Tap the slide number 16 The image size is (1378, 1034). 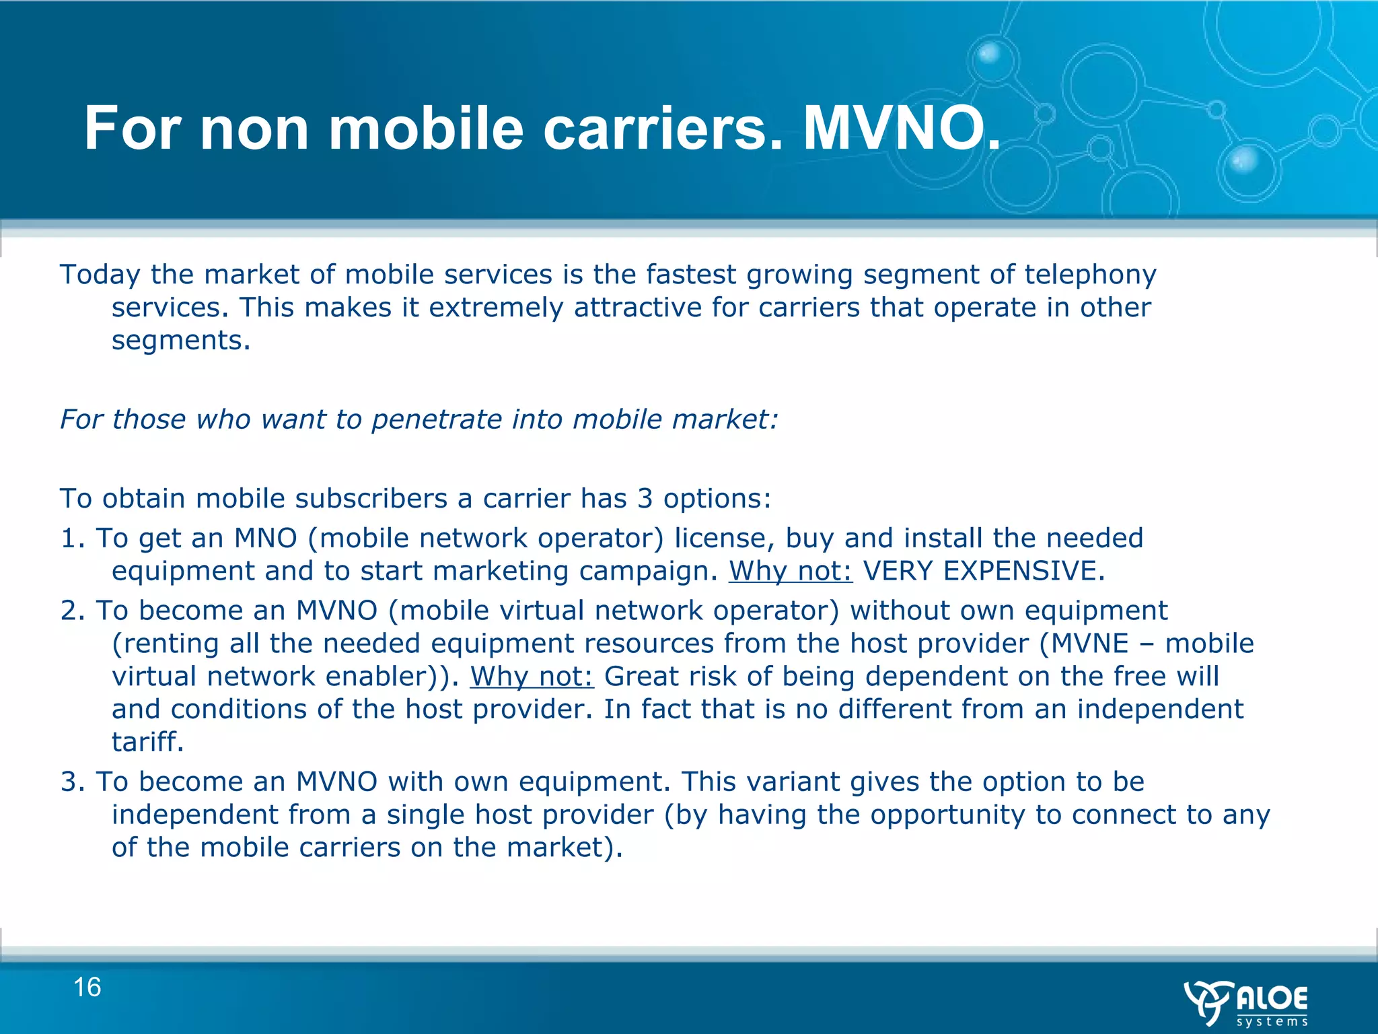tap(87, 988)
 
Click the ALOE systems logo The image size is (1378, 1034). tap(1246, 1002)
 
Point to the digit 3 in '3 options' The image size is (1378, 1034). tap(645, 499)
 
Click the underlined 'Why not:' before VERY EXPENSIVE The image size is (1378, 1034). tap(791, 571)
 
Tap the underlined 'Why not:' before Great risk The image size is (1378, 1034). tap(532, 677)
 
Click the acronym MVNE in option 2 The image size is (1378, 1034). tap(1089, 644)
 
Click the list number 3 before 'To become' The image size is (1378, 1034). tap(69, 782)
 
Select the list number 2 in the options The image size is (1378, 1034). tap(69, 611)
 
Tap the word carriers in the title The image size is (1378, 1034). tap(654, 128)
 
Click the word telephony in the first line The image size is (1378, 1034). tap(1089, 275)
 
